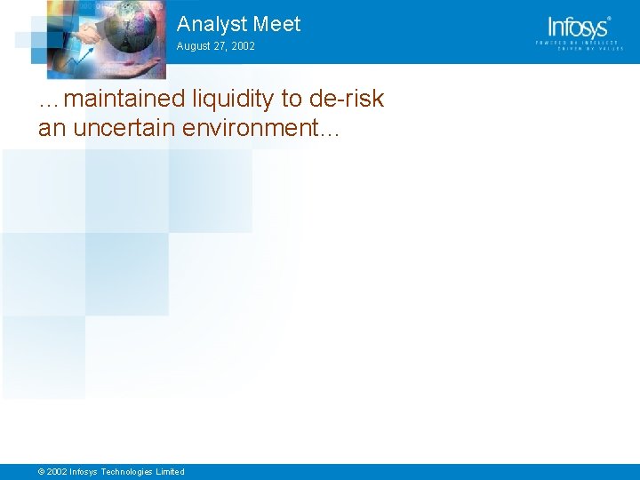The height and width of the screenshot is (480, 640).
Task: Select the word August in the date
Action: [194, 46]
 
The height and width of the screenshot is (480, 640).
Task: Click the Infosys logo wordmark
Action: [579, 27]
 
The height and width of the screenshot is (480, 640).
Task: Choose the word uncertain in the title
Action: [124, 128]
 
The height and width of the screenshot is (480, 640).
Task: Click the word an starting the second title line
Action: [52, 128]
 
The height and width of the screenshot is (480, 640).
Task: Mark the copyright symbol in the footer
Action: [41, 472]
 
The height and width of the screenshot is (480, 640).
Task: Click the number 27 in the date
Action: [220, 46]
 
